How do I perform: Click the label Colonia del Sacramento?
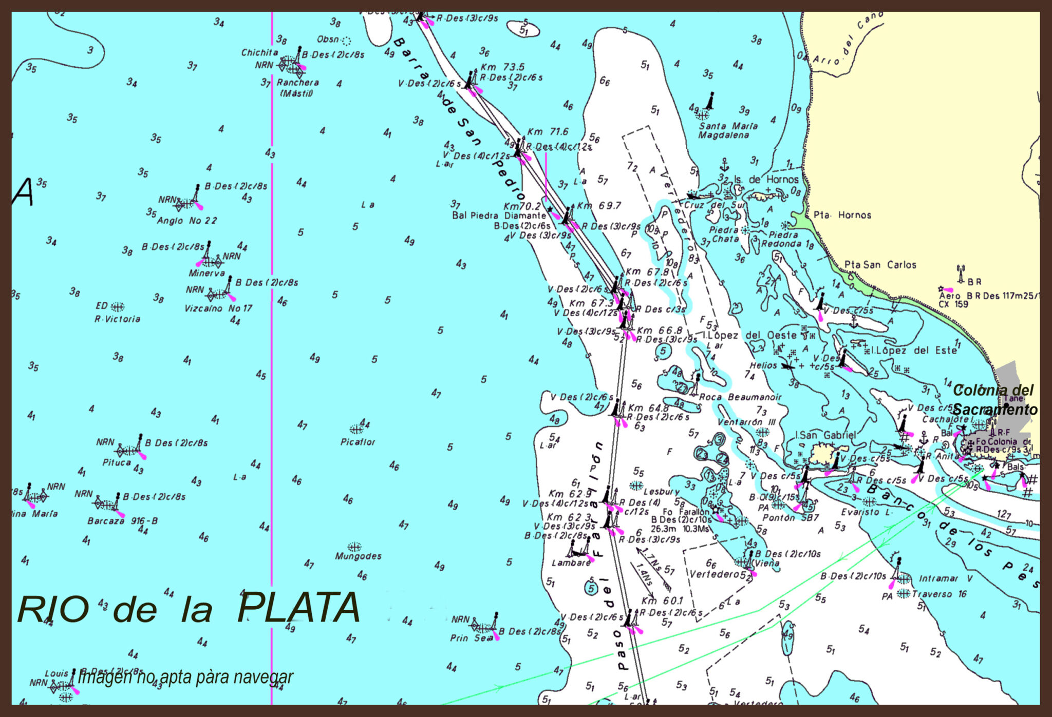pyautogui.click(x=994, y=400)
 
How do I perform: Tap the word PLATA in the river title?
pyautogui.click(x=298, y=608)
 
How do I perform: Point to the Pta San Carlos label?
pyautogui.click(x=880, y=265)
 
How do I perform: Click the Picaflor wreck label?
pyautogui.click(x=358, y=442)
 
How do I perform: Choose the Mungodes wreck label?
pyautogui.click(x=358, y=556)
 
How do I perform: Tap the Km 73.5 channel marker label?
pyautogui.click(x=502, y=67)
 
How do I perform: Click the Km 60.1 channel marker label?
pyautogui.click(x=662, y=600)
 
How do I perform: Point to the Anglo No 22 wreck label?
pyautogui.click(x=187, y=221)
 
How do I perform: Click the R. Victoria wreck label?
pyautogui.click(x=117, y=319)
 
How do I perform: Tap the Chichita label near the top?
pyautogui.click(x=259, y=52)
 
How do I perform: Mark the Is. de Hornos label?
pyautogui.click(x=766, y=179)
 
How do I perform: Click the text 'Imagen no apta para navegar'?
pyautogui.click(x=185, y=677)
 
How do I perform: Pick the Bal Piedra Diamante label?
pyautogui.click(x=499, y=216)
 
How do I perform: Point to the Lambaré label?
pyautogui.click(x=571, y=563)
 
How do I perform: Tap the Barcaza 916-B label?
pyautogui.click(x=122, y=520)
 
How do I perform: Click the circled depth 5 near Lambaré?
pyautogui.click(x=591, y=588)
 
